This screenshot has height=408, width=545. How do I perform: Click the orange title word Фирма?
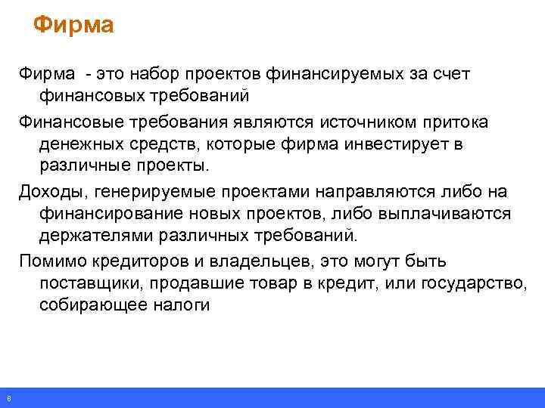coord(73,26)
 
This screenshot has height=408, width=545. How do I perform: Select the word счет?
coord(449,74)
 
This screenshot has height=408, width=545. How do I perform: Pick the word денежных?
coord(82,144)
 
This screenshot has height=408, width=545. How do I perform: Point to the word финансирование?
coord(106,214)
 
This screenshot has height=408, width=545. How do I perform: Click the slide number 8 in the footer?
coord(7,398)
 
